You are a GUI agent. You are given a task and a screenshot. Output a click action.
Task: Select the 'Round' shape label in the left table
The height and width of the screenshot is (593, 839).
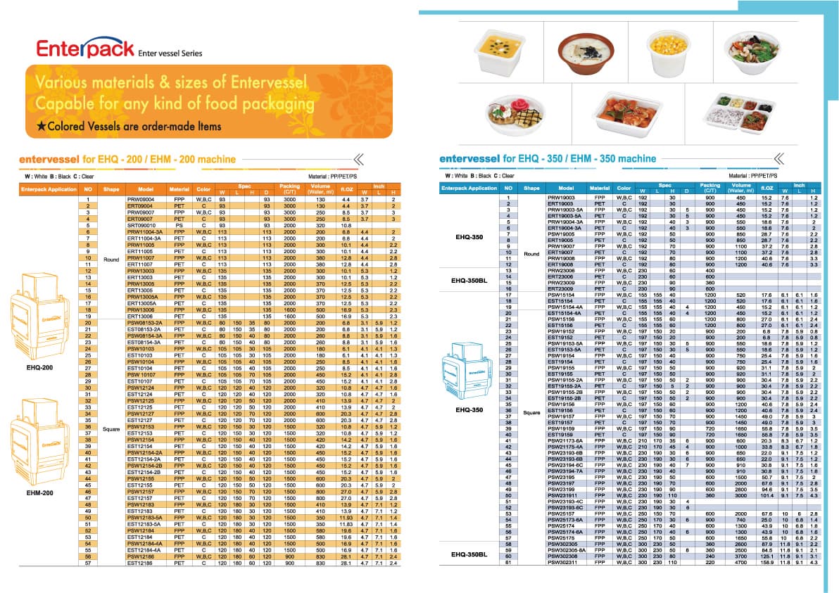click(x=111, y=260)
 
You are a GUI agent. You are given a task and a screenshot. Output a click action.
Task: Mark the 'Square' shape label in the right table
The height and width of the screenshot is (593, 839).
click(x=531, y=414)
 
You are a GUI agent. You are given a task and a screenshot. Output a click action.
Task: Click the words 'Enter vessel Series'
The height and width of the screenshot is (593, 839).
click(x=170, y=53)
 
